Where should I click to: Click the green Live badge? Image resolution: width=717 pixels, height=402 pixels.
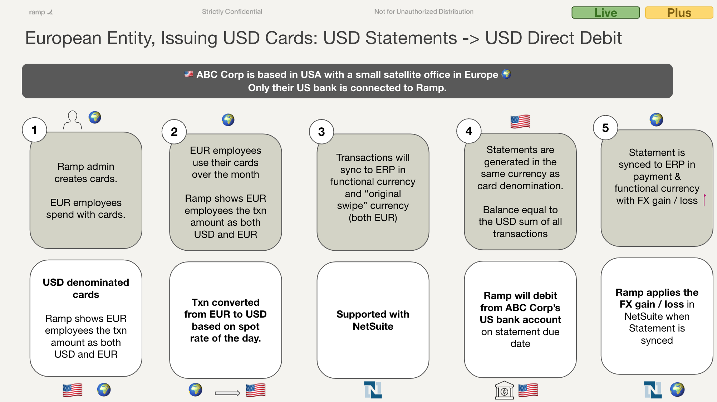[x=605, y=13]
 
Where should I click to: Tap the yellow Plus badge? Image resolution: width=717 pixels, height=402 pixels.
[x=679, y=13]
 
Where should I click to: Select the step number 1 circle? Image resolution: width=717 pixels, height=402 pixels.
[x=34, y=130]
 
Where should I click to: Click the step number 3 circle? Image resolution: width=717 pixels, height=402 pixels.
[x=321, y=132]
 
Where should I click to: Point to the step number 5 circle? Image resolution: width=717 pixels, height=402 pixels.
[x=605, y=128]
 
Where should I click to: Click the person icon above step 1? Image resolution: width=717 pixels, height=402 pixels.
[x=73, y=120]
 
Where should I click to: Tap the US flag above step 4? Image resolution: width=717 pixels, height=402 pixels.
[x=520, y=122]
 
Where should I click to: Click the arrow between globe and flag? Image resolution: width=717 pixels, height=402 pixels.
[x=227, y=393]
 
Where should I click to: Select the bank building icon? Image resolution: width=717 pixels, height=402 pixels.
[x=504, y=390]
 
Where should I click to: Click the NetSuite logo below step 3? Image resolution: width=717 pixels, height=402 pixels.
[x=373, y=390]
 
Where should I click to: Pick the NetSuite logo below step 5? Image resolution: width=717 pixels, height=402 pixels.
[x=653, y=390]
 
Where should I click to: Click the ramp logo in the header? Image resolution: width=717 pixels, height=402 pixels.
[x=41, y=12]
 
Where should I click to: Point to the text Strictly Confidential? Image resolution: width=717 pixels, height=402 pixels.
[x=232, y=11]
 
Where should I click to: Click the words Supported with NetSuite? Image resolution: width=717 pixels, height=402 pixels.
[x=373, y=320]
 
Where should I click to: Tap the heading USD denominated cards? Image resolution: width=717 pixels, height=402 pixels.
[x=86, y=288]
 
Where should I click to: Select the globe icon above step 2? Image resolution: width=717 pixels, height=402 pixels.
[x=228, y=120]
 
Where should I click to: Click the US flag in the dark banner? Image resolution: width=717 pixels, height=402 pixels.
[x=189, y=74]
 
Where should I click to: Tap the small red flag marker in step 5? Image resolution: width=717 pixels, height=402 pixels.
[x=704, y=200]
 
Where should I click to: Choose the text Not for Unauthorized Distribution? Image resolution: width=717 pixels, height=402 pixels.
[x=424, y=11]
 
